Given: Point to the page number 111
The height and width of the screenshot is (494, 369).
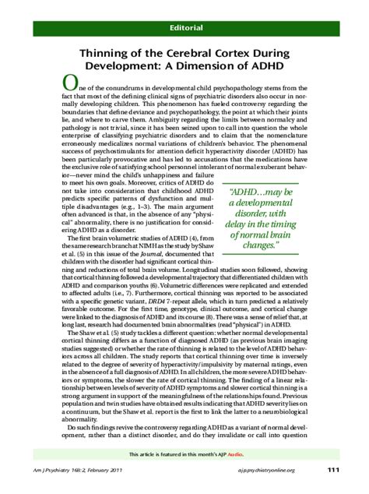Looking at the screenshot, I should coord(333,468).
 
